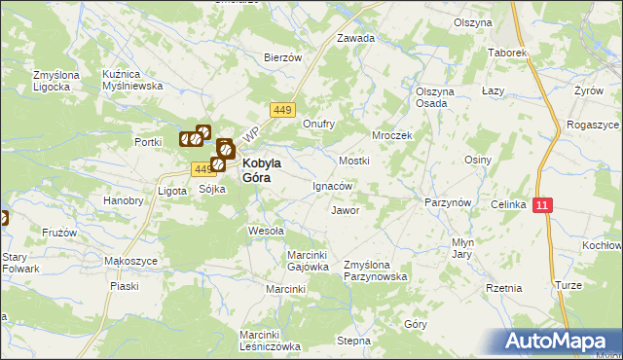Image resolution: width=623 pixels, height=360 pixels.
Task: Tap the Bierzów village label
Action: [x=283, y=57]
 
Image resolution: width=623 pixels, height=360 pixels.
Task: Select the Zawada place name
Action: [x=355, y=39]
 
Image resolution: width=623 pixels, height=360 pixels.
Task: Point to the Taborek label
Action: [x=507, y=52]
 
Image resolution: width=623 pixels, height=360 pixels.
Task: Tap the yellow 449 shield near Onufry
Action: [x=283, y=109]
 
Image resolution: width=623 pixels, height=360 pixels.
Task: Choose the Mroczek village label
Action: [x=392, y=135]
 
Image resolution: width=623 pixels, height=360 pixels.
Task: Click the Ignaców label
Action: [x=331, y=185]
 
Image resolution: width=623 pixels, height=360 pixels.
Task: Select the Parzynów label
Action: [x=448, y=201]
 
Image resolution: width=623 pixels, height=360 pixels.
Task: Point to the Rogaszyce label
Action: [x=591, y=126]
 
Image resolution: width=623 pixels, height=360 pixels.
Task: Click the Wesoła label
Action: [x=266, y=232]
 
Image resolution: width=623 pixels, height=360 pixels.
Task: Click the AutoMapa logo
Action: [x=557, y=342]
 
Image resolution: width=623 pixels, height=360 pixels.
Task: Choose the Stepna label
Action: [x=354, y=342]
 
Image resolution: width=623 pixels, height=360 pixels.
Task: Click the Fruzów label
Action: [x=59, y=234]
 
